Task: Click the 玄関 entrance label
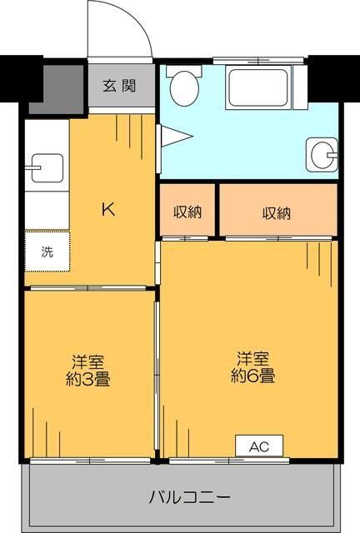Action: point(119,86)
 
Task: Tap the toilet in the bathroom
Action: point(183,85)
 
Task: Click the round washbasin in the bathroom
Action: point(322,152)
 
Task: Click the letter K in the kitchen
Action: point(108,209)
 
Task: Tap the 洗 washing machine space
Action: point(47,252)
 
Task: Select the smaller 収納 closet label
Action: point(187,212)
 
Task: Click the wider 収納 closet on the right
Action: point(277,212)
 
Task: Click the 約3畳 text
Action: point(87,380)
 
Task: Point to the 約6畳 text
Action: point(253,376)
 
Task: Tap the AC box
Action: point(259,446)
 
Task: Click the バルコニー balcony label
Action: point(189,498)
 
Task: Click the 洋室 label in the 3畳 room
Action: point(87,362)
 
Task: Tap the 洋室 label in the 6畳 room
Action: point(253,359)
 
